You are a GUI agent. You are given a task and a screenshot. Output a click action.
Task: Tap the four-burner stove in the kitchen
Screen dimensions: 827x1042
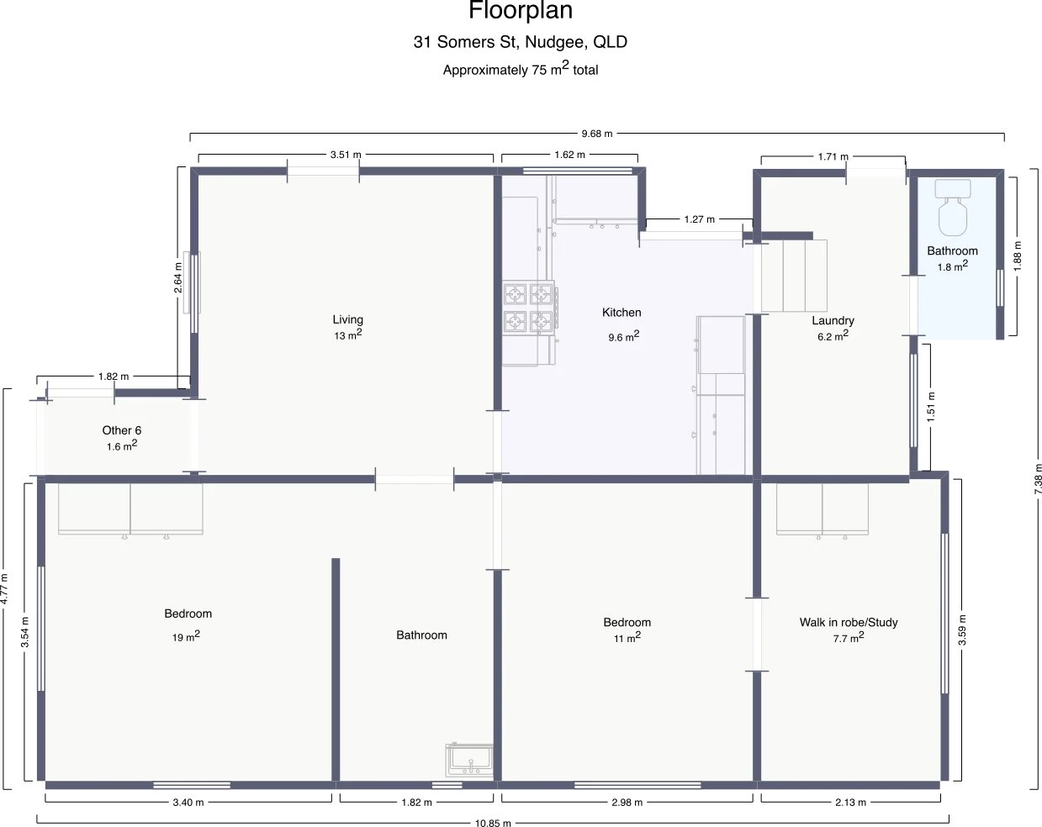click(529, 308)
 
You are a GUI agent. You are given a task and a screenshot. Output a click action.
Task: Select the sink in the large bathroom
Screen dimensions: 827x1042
click(469, 760)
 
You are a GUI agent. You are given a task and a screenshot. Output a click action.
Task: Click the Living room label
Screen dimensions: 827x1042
click(347, 319)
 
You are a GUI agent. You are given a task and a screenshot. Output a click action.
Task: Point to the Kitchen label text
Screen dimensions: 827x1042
click(621, 313)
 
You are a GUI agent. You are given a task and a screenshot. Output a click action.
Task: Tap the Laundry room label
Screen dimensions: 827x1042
click(833, 320)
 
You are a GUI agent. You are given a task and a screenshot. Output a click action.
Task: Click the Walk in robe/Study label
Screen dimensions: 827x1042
click(848, 623)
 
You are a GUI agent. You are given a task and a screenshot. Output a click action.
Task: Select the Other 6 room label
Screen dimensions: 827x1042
click(122, 430)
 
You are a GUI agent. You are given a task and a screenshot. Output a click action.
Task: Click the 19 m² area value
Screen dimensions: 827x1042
click(186, 637)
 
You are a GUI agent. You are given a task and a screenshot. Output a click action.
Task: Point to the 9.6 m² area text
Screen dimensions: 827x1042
click(623, 337)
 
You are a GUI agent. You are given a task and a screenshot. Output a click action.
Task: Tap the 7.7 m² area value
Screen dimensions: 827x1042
click(848, 638)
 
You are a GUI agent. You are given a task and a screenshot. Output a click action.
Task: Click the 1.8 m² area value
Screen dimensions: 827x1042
click(952, 266)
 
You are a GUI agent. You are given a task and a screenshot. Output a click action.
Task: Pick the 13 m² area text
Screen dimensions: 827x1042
click(347, 335)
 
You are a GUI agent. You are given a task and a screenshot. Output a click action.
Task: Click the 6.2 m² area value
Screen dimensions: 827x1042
click(833, 335)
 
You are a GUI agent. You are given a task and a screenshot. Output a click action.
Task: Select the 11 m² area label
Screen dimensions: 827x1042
click(627, 638)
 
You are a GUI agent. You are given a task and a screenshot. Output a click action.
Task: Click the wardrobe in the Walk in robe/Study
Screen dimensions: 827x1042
click(822, 509)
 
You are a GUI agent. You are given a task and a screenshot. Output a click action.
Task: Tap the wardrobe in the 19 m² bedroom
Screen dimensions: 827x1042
click(130, 509)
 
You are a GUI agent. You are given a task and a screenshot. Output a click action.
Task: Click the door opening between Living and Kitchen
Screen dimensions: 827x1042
click(497, 441)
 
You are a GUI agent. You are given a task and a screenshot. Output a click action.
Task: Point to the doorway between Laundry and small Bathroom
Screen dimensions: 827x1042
click(912, 305)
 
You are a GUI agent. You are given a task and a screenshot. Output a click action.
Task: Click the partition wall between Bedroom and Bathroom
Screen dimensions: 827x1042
click(336, 669)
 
